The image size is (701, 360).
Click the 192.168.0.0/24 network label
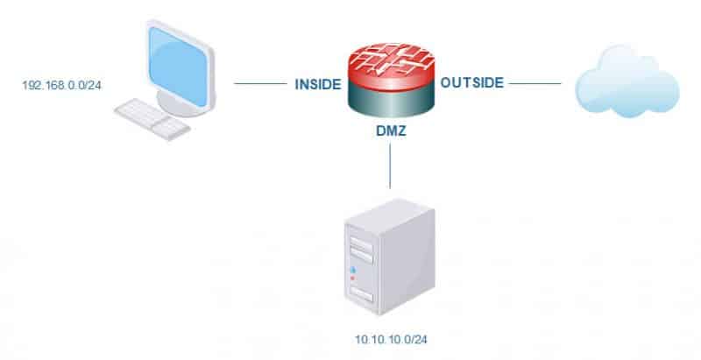(58, 87)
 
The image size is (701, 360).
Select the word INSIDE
(316, 85)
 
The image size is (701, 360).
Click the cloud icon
(627, 84)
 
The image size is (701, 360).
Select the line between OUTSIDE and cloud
(535, 84)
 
